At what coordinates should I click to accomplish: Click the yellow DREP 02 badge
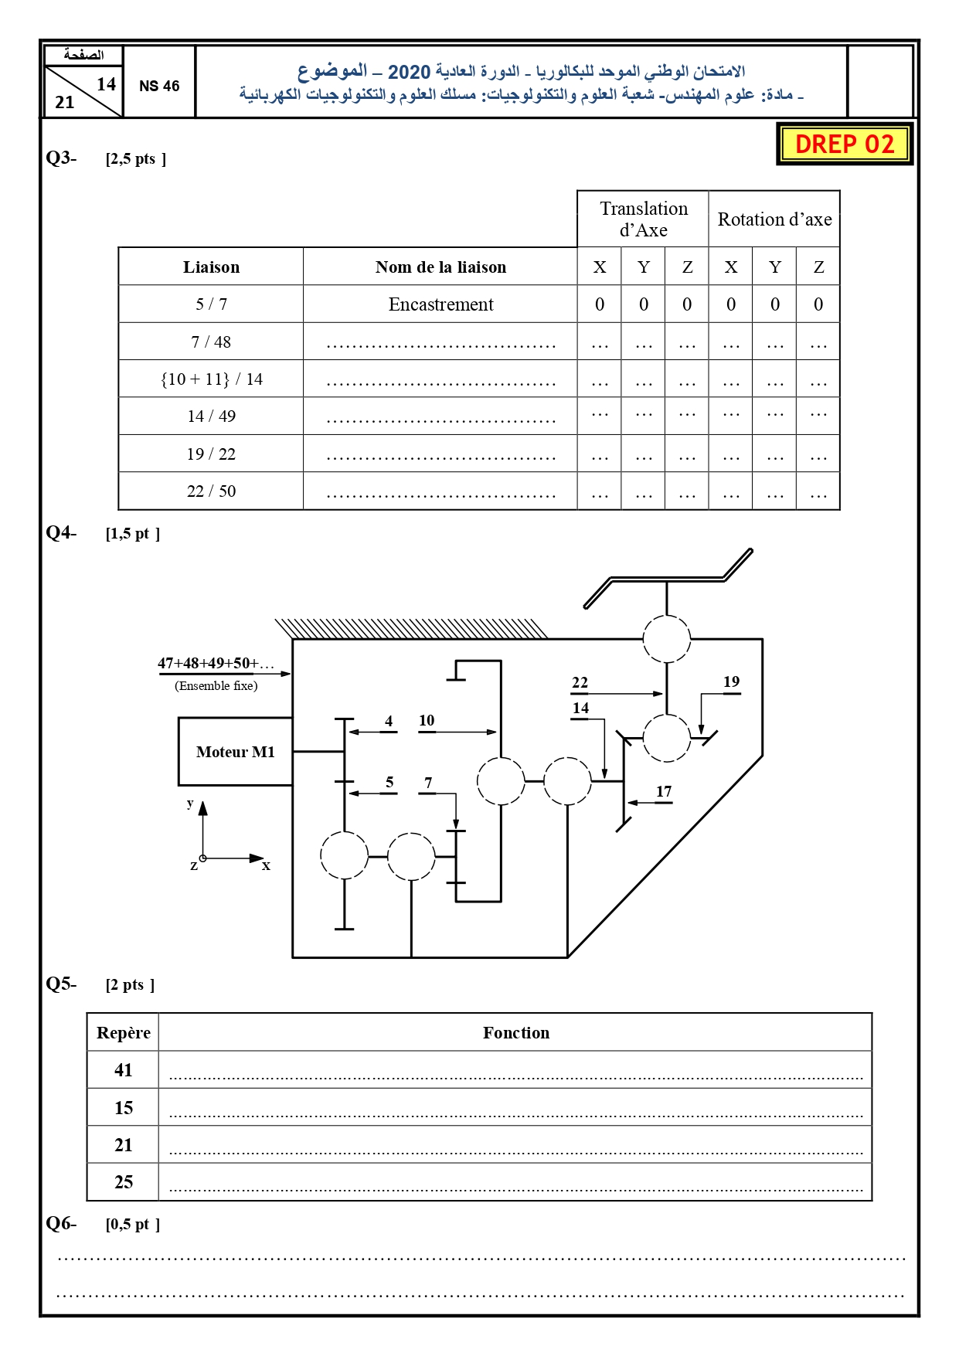pyautogui.click(x=845, y=144)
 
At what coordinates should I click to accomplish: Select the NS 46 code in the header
pyautogui.click(x=159, y=86)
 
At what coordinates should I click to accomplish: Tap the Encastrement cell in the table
pyautogui.click(x=440, y=304)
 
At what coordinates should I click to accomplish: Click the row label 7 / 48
pyautogui.click(x=211, y=342)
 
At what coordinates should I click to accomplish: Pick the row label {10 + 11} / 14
pyautogui.click(x=211, y=379)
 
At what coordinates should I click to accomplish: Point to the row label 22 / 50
pyautogui.click(x=211, y=491)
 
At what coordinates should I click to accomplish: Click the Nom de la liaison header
pyautogui.click(x=440, y=267)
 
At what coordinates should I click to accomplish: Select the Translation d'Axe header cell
pyautogui.click(x=644, y=219)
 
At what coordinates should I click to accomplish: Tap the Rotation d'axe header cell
pyautogui.click(x=774, y=219)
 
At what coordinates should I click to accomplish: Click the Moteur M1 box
pyautogui.click(x=236, y=752)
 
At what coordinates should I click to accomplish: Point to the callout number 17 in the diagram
pyautogui.click(x=664, y=791)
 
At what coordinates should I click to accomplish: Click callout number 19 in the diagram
pyautogui.click(x=731, y=681)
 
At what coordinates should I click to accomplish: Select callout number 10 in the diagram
pyautogui.click(x=427, y=720)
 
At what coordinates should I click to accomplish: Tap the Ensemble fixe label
pyautogui.click(x=216, y=685)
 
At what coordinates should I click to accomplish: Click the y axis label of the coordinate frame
pyautogui.click(x=190, y=803)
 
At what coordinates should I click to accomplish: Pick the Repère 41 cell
pyautogui.click(x=124, y=1070)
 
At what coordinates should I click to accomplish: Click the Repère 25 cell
pyautogui.click(x=124, y=1182)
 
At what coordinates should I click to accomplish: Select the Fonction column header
pyautogui.click(x=516, y=1033)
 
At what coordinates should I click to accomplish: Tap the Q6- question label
pyautogui.click(x=61, y=1223)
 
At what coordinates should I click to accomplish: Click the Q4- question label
pyautogui.click(x=61, y=532)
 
